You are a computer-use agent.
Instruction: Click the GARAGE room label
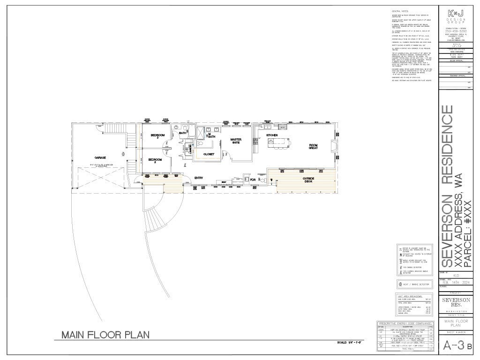pyautogui.click(x=99, y=157)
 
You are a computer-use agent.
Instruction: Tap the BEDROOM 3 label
pyautogui.click(x=157, y=137)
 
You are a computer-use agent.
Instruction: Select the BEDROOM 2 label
pyautogui.click(x=155, y=161)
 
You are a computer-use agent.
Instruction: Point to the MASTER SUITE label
pyautogui.click(x=235, y=141)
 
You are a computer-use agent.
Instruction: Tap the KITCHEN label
pyautogui.click(x=272, y=135)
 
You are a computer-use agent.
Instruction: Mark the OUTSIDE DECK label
pyautogui.click(x=308, y=180)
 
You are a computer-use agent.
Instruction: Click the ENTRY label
pyautogui.click(x=198, y=178)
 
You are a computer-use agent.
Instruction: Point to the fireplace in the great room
pyautogui.click(x=333, y=146)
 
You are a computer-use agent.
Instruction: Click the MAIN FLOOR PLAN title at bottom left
pyautogui.click(x=105, y=335)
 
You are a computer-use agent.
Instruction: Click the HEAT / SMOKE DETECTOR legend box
pyautogui.click(x=415, y=284)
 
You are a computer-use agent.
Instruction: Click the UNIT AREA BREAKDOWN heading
pyautogui.click(x=410, y=297)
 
